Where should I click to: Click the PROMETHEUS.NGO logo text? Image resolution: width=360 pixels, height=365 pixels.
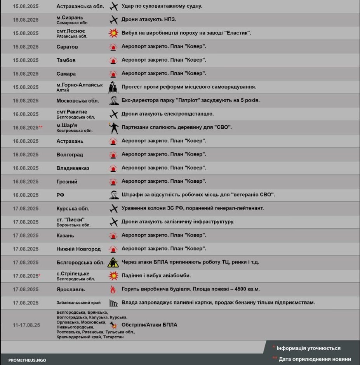pos(27,360)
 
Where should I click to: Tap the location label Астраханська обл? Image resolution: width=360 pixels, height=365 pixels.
pos(80,6)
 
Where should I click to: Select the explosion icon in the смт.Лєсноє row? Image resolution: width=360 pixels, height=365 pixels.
pos(113,33)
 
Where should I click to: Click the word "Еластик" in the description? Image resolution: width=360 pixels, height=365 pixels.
pos(238,33)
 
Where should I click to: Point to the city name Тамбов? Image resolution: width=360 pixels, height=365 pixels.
pos(66,60)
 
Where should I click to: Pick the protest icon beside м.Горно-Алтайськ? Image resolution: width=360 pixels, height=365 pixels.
pos(113,87)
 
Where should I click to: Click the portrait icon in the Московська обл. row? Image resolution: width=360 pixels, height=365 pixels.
pos(113,100)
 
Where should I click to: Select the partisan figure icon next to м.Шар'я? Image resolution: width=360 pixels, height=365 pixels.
pos(113,128)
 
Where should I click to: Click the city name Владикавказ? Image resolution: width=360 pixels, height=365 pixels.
pos(73,168)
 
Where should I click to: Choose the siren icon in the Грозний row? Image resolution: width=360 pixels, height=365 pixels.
pos(113,182)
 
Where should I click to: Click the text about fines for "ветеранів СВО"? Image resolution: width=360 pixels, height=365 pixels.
pos(198,195)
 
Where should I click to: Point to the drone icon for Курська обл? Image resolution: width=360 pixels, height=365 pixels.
pos(113,208)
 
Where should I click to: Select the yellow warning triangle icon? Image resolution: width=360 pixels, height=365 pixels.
pos(113,262)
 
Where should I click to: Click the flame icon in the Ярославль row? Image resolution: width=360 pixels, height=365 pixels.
pos(113,289)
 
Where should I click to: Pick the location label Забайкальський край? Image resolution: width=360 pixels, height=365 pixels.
pos(78,303)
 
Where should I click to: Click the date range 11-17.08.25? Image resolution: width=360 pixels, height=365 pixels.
pos(26,325)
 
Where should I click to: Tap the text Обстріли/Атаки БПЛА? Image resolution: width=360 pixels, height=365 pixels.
pos(150,325)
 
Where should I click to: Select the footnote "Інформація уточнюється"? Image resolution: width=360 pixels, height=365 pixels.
pos(308,348)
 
